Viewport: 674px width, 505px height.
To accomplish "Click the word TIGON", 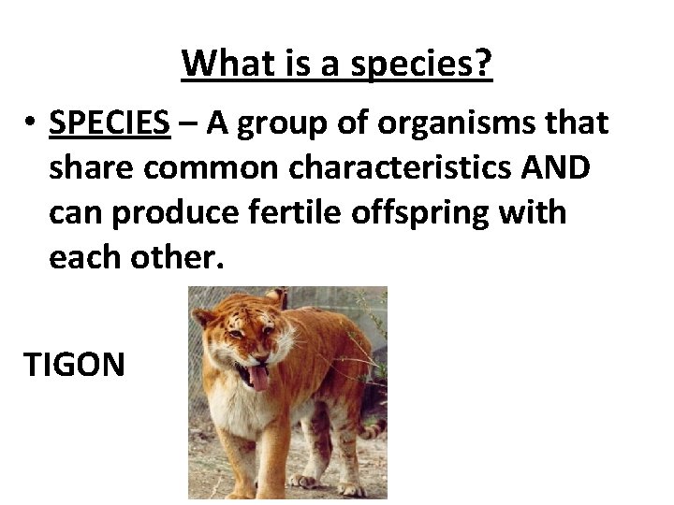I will pyautogui.click(x=74, y=364).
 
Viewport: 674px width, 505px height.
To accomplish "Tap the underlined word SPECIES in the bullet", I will pyautogui.click(x=110, y=123).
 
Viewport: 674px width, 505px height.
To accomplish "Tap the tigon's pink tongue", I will pyautogui.click(x=257, y=378).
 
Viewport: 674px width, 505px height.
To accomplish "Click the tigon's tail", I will pyautogui.click(x=374, y=430).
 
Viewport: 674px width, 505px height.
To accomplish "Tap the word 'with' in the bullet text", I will pyautogui.click(x=540, y=212).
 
